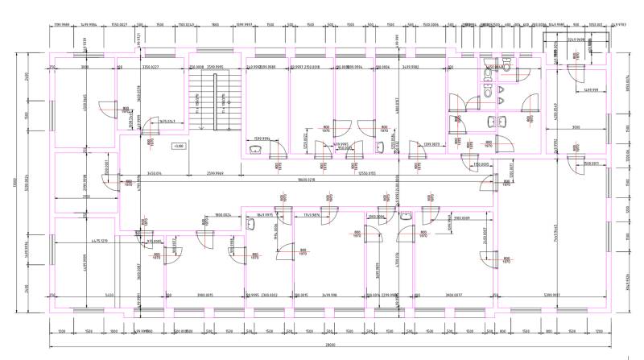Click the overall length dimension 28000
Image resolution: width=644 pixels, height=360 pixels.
[x=331, y=345]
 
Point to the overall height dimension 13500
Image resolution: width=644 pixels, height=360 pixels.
[x=14, y=184]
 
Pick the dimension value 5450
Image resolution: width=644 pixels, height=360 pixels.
[x=87, y=295]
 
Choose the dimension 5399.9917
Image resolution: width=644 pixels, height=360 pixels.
[x=553, y=295]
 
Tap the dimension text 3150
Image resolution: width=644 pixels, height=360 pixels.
[x=85, y=196]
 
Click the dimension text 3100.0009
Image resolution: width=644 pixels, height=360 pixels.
[x=461, y=217]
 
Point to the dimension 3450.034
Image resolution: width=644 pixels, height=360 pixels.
[x=154, y=173]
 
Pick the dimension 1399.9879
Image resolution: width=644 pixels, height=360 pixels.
[x=429, y=143]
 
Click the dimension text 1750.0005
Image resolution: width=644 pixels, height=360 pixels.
[x=481, y=164]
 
